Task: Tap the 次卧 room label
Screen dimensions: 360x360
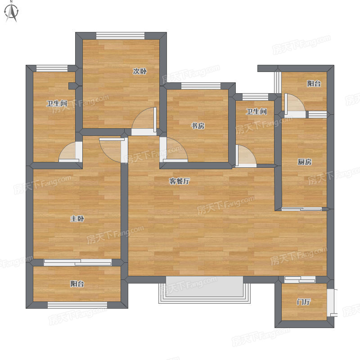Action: click(139, 72)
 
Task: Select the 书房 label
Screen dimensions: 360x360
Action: click(198, 126)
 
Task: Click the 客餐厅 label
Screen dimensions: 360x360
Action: click(179, 181)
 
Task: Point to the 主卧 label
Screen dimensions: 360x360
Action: click(77, 219)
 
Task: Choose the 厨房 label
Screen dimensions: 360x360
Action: click(305, 162)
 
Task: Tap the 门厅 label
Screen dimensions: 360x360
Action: click(303, 301)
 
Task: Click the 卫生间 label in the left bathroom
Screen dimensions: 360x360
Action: click(57, 103)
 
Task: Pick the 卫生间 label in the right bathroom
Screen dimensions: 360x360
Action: click(256, 112)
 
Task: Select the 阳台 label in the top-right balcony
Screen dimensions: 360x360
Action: click(314, 84)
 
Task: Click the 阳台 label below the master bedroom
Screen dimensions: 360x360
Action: click(77, 284)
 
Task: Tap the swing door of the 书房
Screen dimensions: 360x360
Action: click(174, 150)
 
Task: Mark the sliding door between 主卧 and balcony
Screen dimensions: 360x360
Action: click(77, 262)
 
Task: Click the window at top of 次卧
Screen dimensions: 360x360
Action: click(120, 36)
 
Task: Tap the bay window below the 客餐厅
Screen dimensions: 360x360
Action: click(204, 290)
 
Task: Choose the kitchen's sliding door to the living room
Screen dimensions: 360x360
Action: click(301, 209)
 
